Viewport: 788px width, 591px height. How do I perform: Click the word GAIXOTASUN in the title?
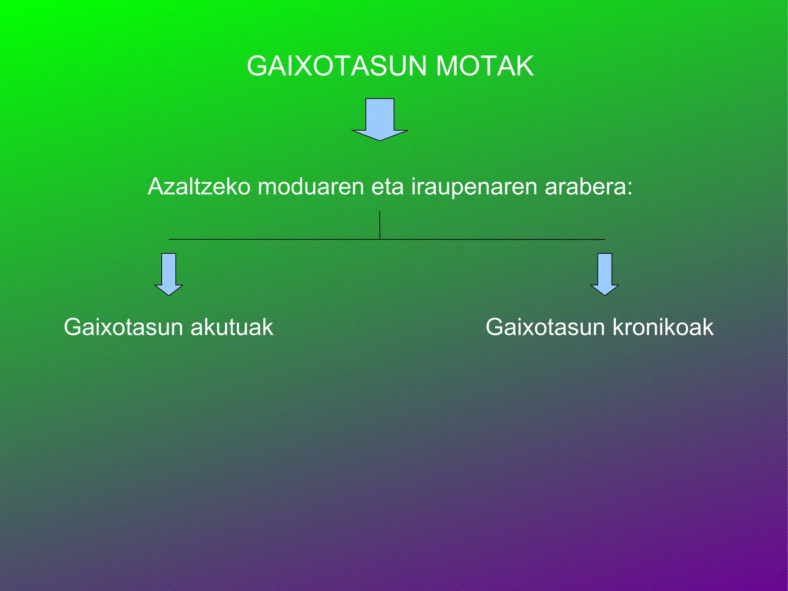click(x=337, y=66)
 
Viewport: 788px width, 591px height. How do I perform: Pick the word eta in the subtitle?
click(x=387, y=187)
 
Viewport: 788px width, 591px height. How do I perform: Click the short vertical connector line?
click(x=380, y=225)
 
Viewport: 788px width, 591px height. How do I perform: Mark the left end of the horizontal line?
click(x=170, y=239)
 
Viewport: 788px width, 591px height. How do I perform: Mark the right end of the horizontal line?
click(x=604, y=239)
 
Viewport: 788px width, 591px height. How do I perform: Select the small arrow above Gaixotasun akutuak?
click(x=169, y=273)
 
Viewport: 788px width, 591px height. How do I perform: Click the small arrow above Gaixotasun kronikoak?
click(x=604, y=273)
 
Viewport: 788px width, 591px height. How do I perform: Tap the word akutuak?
click(x=232, y=328)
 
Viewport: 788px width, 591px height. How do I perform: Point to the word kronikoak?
click(x=663, y=328)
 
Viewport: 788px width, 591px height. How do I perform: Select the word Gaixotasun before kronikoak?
click(x=545, y=328)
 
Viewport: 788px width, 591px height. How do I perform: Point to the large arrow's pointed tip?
click(x=380, y=139)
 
